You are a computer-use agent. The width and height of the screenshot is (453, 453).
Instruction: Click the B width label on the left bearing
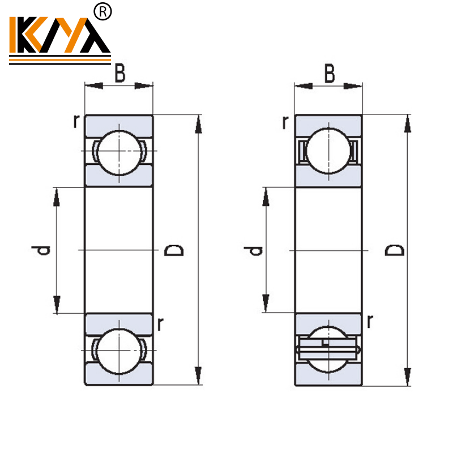point(119,74)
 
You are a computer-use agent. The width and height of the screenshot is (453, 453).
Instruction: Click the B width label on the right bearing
point(329,74)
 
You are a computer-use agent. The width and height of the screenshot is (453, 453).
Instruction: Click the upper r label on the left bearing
point(75,121)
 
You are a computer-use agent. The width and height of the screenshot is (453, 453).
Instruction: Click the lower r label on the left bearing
point(161,324)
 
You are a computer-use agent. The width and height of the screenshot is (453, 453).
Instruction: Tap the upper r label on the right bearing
point(285,121)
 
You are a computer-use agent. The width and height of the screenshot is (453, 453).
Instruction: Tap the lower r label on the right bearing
point(370,322)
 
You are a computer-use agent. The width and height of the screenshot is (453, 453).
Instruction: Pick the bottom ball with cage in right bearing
point(328,349)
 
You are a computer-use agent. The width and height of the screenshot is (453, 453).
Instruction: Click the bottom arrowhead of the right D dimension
point(407,377)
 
